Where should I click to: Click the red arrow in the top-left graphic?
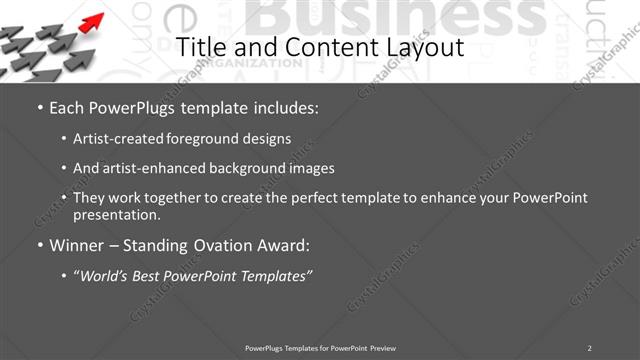pos(91,21)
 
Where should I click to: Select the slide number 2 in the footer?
pos(589,347)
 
